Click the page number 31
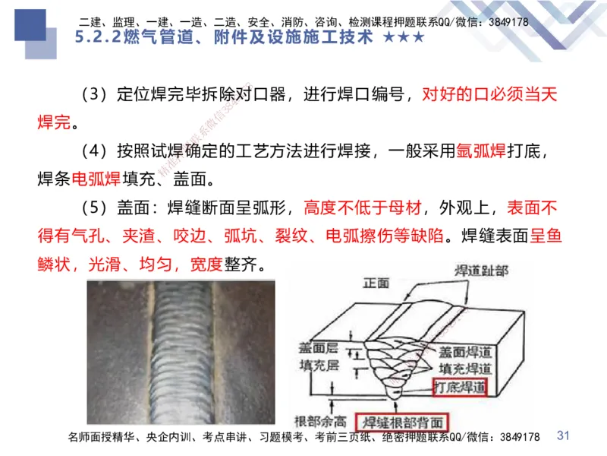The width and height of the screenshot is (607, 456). click(x=563, y=435)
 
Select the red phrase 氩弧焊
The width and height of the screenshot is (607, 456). click(x=481, y=151)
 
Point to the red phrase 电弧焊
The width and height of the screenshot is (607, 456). click(x=96, y=180)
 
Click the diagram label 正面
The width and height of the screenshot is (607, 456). click(x=376, y=283)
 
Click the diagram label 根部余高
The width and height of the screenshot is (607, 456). click(x=322, y=420)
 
